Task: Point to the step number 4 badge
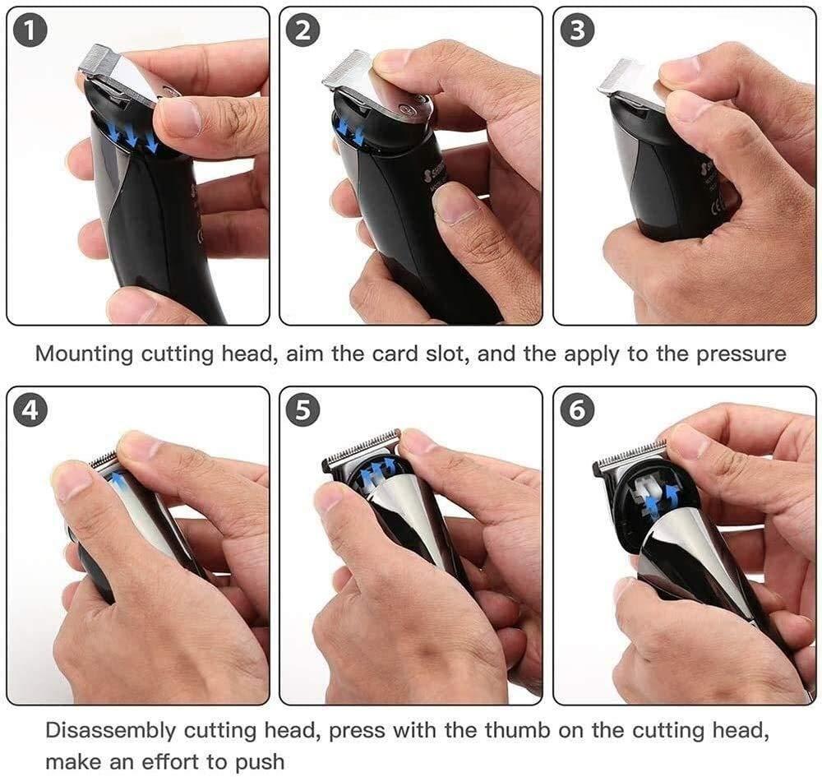30,410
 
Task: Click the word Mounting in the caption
84,354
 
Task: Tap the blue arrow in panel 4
120,480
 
